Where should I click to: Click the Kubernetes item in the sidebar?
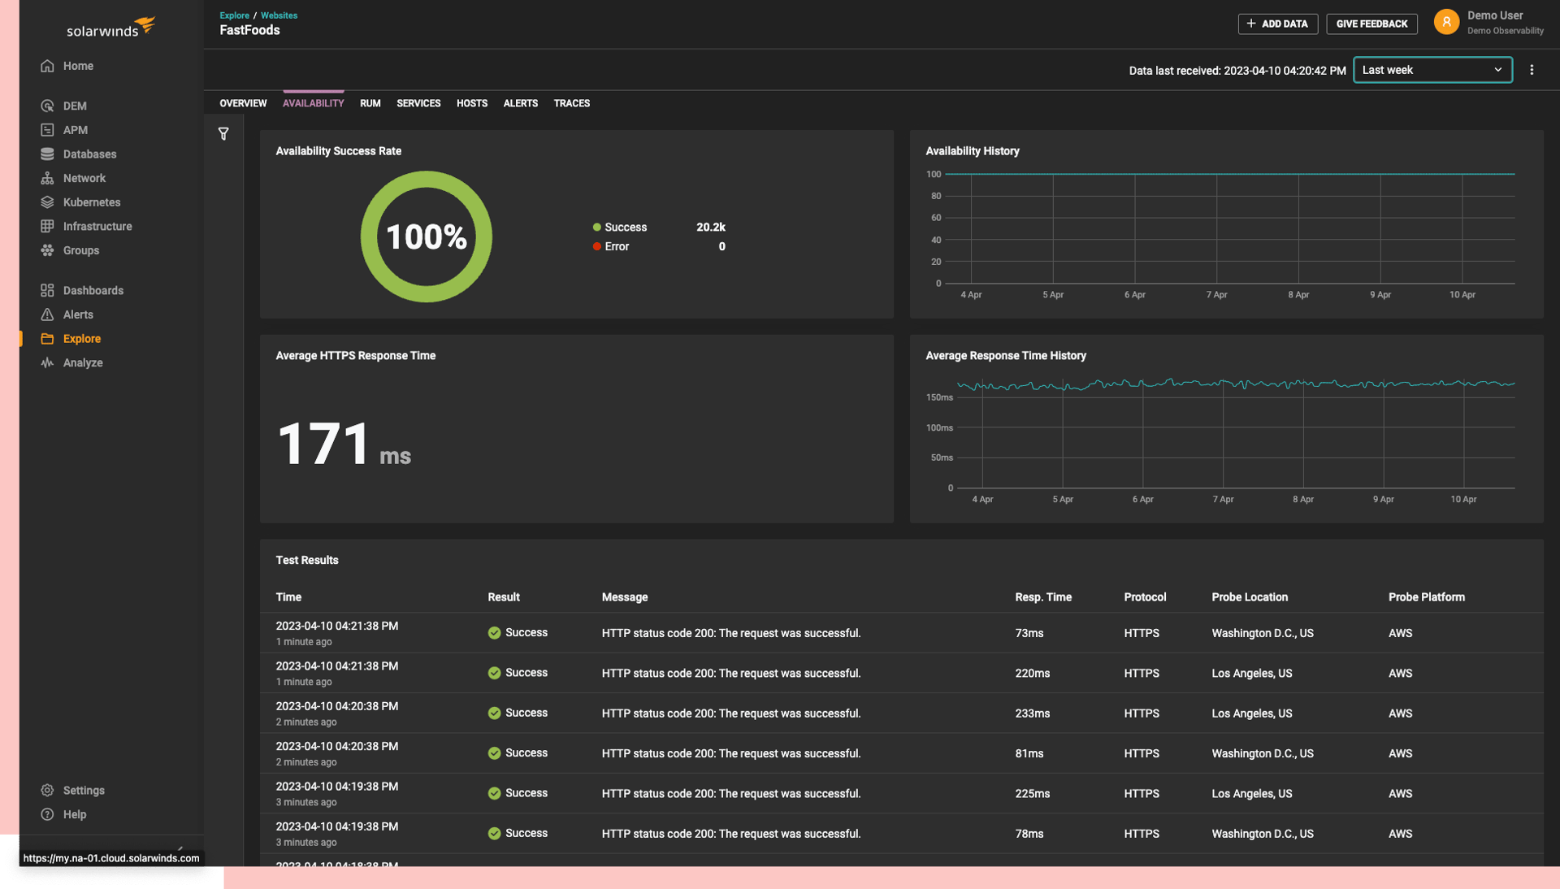click(x=91, y=202)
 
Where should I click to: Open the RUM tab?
click(x=370, y=103)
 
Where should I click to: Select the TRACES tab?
click(x=571, y=103)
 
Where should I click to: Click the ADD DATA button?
click(x=1277, y=24)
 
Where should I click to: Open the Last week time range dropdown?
click(x=1432, y=70)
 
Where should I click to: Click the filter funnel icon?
click(x=223, y=134)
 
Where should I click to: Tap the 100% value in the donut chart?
click(x=426, y=237)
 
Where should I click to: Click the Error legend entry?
click(x=616, y=246)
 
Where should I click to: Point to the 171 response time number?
click(x=323, y=444)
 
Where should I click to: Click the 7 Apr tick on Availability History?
click(x=1216, y=295)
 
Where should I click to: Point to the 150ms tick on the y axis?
click(x=939, y=397)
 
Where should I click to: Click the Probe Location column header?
click(x=1249, y=597)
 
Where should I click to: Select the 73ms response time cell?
click(x=1029, y=633)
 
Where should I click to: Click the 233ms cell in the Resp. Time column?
click(x=1032, y=713)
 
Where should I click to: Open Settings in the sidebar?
click(x=83, y=791)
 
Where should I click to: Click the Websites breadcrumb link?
click(x=279, y=15)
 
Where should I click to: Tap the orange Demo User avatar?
click(x=1446, y=22)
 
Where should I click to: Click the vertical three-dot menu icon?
click(x=1532, y=70)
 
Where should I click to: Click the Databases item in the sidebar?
click(x=89, y=154)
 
